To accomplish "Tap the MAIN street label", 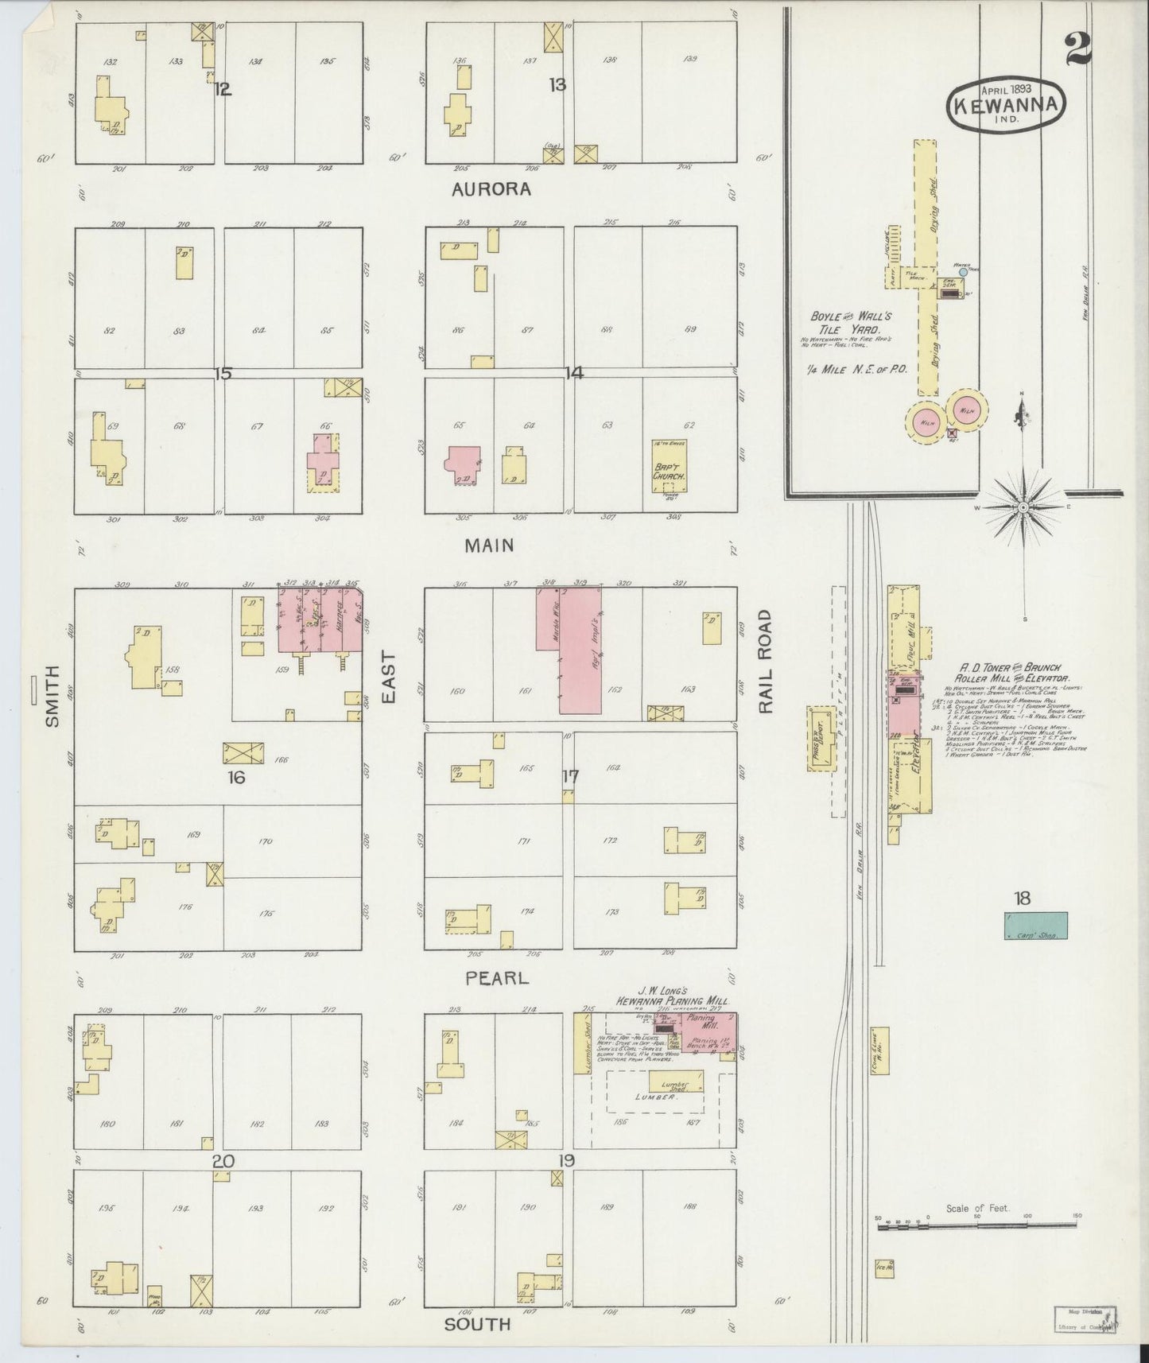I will point(489,545).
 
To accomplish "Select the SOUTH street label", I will point(477,1323).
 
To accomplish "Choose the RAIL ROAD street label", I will point(766,662).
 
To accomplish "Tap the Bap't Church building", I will point(668,469).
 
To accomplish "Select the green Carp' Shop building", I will point(1035,926).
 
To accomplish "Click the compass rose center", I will point(1024,507).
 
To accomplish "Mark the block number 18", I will point(1023,899).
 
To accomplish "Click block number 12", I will point(223,89).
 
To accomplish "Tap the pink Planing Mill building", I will point(702,1035).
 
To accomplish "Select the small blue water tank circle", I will point(964,271).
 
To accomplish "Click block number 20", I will point(223,1161).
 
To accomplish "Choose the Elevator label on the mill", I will point(915,749).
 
